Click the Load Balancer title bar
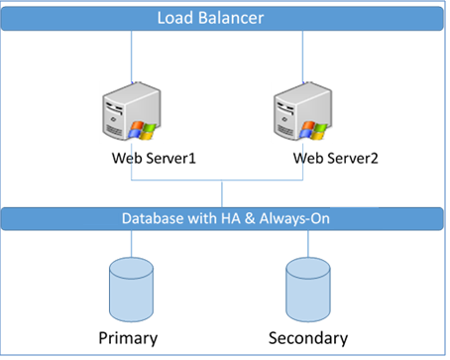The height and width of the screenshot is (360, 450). pyautogui.click(x=224, y=18)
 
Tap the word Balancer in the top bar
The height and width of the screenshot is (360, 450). pyautogui.click(x=244, y=18)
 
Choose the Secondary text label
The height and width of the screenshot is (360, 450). pyautogui.click(x=309, y=337)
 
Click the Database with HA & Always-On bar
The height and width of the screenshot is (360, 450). pyautogui.click(x=224, y=218)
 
